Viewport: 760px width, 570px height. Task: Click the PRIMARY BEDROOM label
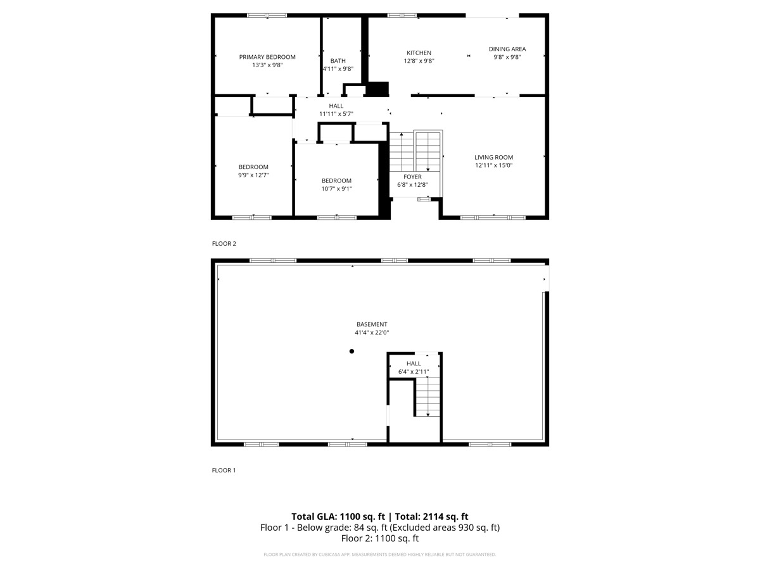click(267, 57)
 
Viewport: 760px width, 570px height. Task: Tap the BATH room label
click(338, 61)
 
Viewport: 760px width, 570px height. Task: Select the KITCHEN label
click(419, 53)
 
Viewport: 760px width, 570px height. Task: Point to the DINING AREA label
click(507, 49)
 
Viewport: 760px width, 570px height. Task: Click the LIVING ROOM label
click(493, 157)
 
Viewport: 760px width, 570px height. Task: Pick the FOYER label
click(412, 177)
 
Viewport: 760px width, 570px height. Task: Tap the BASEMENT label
click(371, 324)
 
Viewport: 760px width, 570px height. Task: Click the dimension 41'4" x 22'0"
click(371, 332)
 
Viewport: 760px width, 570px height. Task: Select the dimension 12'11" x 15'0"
click(493, 165)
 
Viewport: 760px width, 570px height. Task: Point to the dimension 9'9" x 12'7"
click(253, 175)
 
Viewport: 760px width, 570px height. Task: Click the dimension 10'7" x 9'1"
click(336, 188)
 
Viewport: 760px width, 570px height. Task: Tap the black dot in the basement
click(352, 351)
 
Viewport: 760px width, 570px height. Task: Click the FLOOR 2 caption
click(224, 243)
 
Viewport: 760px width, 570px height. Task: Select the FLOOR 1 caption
click(224, 471)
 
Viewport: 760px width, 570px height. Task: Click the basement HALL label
click(414, 364)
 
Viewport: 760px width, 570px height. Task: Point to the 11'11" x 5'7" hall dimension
click(336, 114)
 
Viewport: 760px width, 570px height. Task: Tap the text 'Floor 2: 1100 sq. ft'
click(380, 539)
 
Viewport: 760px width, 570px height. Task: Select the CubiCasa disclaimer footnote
click(380, 555)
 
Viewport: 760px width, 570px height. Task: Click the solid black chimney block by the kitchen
click(378, 89)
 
